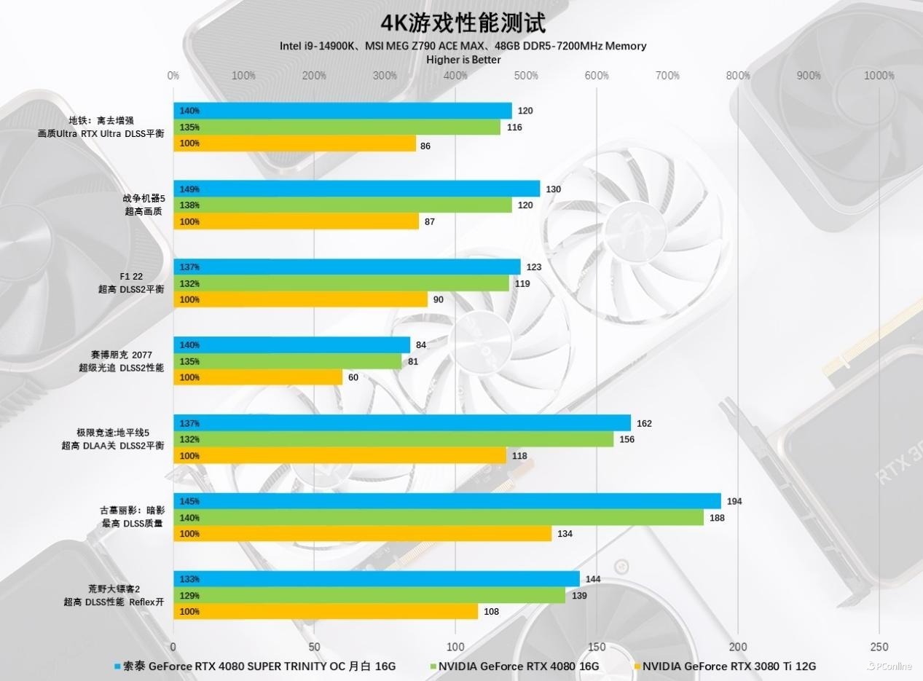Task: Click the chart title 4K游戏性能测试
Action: (x=462, y=23)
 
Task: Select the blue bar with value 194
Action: (x=447, y=501)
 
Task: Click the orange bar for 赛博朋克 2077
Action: (x=258, y=377)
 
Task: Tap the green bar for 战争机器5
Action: (x=342, y=205)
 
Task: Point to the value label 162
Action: (x=644, y=423)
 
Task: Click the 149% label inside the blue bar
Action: (x=189, y=189)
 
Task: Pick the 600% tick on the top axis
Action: (x=597, y=76)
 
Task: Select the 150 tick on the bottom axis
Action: (x=597, y=647)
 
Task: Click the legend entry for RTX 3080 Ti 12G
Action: (x=728, y=666)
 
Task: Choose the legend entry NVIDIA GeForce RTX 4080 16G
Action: (x=518, y=666)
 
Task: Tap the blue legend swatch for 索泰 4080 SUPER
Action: (x=117, y=666)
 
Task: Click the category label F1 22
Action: (x=132, y=277)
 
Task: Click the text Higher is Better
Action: (x=463, y=60)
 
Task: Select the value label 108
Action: (x=492, y=612)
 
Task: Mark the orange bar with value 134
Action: (x=362, y=534)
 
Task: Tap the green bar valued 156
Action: (x=393, y=439)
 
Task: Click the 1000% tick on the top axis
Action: (x=879, y=76)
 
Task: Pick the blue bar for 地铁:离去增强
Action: (x=342, y=111)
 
